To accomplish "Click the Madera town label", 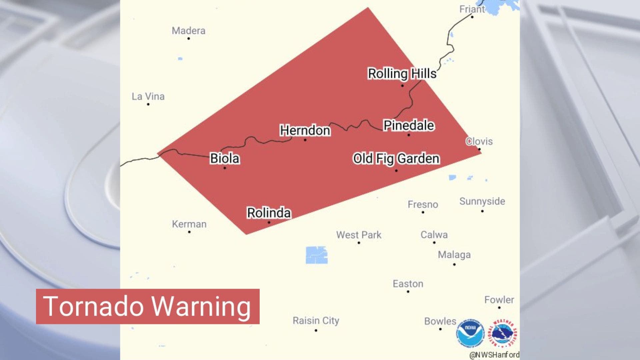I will (x=188, y=31).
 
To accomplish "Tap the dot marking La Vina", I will (x=148, y=104).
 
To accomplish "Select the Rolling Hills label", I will (x=402, y=74).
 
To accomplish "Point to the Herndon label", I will (x=305, y=130).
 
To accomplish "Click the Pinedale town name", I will (x=409, y=125).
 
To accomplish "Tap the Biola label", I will (x=225, y=158).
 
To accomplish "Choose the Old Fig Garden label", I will (x=396, y=159).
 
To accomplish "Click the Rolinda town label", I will (x=269, y=213).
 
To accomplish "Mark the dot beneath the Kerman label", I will (x=189, y=232).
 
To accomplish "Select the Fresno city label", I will (x=423, y=204).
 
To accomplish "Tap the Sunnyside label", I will (x=482, y=201).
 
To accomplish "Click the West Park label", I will (x=359, y=235).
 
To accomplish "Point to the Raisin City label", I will (x=316, y=321).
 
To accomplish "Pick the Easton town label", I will (x=408, y=284).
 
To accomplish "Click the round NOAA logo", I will (x=470, y=333).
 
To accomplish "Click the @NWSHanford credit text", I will (x=494, y=355).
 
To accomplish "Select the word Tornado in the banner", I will (x=93, y=306).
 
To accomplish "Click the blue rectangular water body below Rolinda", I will (x=316, y=255).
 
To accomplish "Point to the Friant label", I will (x=471, y=9).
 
